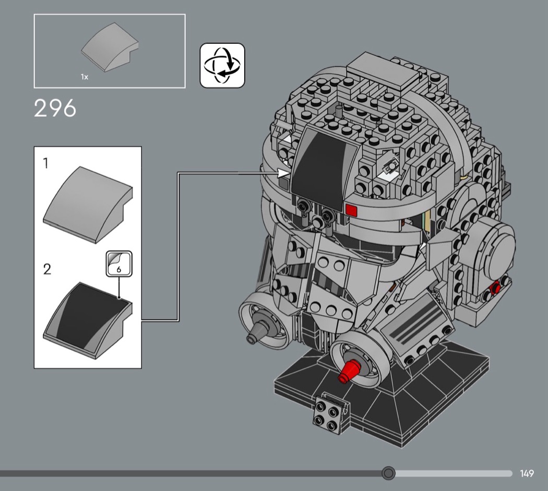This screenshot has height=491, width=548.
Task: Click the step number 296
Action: [55, 108]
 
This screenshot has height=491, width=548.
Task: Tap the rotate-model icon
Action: [222, 65]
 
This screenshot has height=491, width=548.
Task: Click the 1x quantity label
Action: [85, 77]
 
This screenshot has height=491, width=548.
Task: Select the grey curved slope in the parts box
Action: [110, 47]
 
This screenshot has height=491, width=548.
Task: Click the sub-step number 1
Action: [45, 163]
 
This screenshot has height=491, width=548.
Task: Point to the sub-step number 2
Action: [47, 269]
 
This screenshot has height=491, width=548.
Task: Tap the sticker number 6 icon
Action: [119, 264]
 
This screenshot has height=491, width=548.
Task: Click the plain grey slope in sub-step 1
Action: [88, 204]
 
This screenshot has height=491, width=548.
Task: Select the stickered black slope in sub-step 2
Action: [88, 321]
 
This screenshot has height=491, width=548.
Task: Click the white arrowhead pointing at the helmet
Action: [283, 173]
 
